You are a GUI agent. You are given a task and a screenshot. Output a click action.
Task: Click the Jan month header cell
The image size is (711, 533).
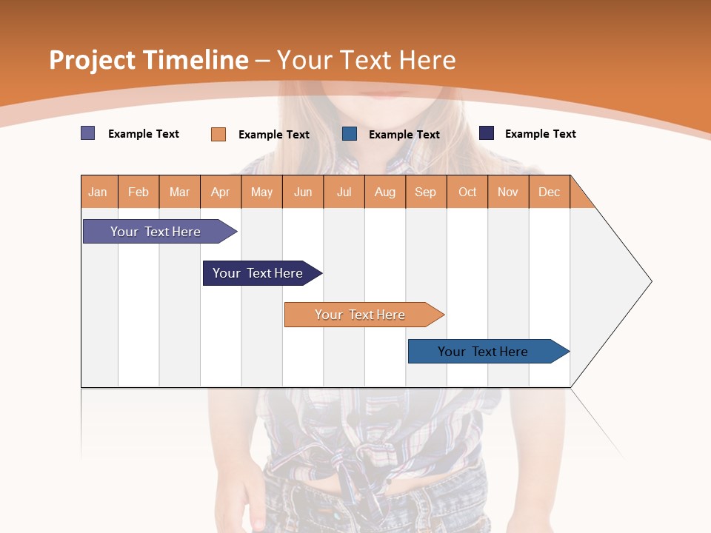point(99,192)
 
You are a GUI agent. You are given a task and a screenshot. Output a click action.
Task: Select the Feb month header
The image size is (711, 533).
point(138,192)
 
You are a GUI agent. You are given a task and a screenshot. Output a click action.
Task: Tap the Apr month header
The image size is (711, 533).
point(221,192)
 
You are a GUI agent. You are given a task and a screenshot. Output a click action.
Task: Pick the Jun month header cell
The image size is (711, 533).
point(303,192)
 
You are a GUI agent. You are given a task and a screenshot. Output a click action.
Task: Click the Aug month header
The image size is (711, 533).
point(385,192)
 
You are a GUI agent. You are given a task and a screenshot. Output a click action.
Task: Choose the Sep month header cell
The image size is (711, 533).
point(426,192)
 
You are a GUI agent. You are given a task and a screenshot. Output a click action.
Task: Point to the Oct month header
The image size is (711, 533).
point(467,192)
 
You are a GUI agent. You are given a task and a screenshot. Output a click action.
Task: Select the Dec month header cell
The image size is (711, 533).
point(550,192)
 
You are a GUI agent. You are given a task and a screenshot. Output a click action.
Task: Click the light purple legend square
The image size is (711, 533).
point(88,133)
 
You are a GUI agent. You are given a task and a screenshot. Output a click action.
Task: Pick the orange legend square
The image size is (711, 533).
point(218,134)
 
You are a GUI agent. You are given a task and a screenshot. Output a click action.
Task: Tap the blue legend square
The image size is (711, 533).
point(350,134)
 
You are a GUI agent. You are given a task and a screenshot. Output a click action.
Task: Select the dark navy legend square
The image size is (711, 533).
point(487,133)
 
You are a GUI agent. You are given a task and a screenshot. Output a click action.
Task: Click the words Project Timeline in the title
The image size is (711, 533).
point(148,60)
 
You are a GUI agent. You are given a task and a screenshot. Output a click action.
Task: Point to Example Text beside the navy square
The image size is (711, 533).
point(540,134)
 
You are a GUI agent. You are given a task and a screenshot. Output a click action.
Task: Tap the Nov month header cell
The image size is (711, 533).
point(508,192)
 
